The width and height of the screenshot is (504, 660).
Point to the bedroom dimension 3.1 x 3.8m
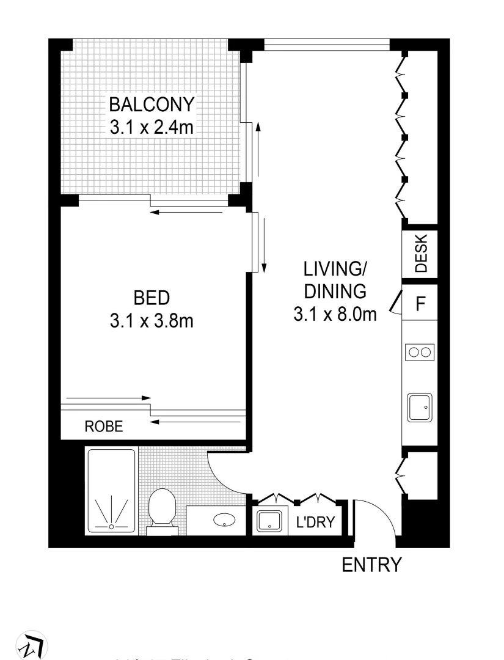pos(152,321)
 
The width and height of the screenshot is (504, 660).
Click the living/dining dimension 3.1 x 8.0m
pos(334,314)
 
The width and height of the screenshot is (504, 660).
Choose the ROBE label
pos(103,427)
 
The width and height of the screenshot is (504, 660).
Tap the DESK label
pos(421,253)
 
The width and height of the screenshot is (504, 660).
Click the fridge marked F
pos(420,304)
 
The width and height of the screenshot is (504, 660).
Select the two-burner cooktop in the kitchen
pos(420,352)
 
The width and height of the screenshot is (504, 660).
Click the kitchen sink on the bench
pos(420,406)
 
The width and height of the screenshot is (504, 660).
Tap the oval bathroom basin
pos(224,521)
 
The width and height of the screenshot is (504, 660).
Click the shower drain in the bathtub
pos(111,526)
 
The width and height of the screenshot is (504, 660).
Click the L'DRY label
pos(315,522)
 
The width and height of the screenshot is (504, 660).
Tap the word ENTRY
pos(371,565)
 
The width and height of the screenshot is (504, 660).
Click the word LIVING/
pos(334,268)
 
